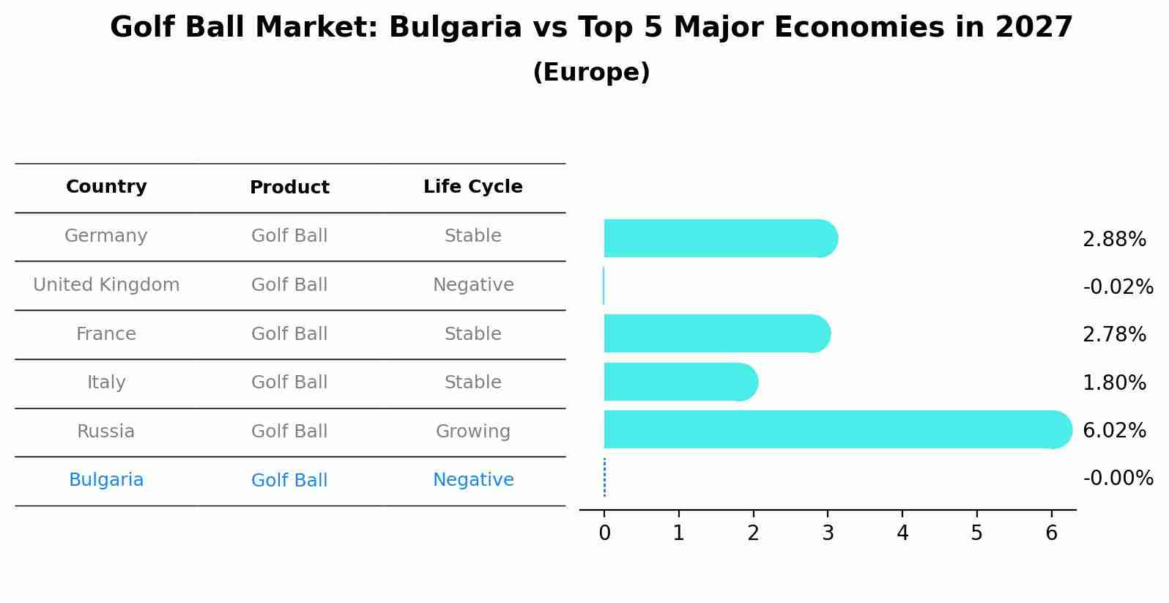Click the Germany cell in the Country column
pos(106,236)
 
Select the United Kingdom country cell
pos(106,285)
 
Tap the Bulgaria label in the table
pos(106,480)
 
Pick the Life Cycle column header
pos(473,187)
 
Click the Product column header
pos(289,188)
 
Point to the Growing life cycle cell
pos(473,432)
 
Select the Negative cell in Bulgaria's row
pos(473,480)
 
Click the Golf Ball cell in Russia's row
pos(289,432)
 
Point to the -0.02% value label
pos(1118,286)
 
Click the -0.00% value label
pos(1118,478)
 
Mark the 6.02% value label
pos(1114,430)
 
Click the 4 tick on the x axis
pos(902,533)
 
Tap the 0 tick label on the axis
pos(604,533)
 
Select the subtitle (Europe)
pos(591,73)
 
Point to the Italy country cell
pos(106,382)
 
